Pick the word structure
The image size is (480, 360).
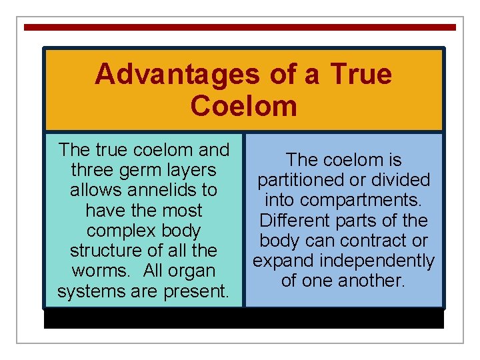(x=107, y=251)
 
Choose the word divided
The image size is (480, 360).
(x=400, y=180)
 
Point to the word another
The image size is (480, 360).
(x=370, y=281)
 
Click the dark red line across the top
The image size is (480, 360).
(x=240, y=27)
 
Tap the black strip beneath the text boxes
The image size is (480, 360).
(x=243, y=319)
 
